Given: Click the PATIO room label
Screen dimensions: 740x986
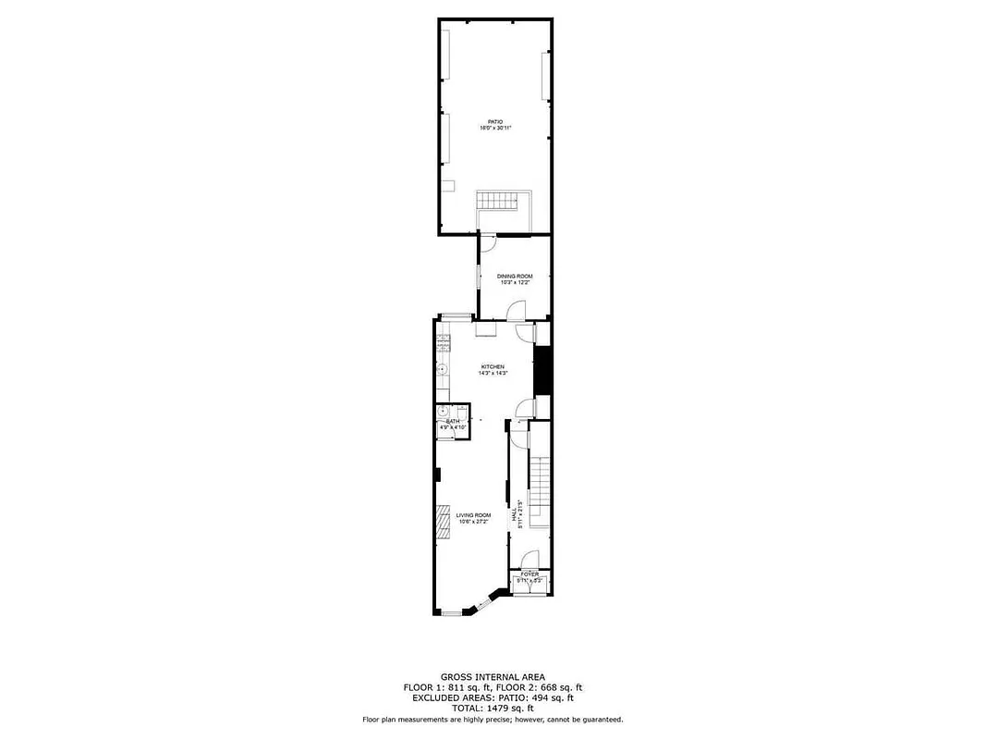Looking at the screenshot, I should point(495,121).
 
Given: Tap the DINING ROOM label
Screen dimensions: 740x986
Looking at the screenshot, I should point(515,277).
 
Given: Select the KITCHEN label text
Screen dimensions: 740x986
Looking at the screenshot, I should point(492,367).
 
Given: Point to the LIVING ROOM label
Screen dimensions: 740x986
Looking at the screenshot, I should point(473,515).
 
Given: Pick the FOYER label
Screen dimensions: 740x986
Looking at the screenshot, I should point(530,574).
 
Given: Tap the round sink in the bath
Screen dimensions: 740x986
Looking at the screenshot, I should point(443,411).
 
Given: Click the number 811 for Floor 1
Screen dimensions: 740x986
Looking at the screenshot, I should point(462,687).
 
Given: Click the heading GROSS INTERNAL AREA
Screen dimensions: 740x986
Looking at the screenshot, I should point(493,677).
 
